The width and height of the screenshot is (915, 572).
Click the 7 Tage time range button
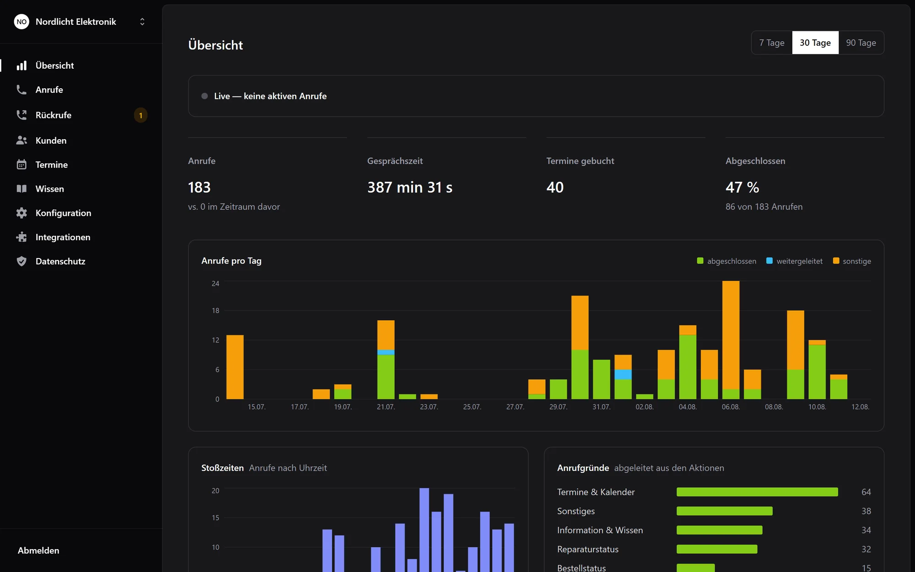(x=772, y=43)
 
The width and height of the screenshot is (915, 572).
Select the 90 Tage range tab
(x=861, y=43)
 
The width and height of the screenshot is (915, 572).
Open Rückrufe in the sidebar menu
(x=54, y=115)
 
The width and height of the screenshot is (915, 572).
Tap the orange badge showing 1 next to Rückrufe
(x=140, y=115)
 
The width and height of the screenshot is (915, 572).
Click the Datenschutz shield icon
(x=22, y=261)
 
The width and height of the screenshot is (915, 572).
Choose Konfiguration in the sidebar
(x=64, y=213)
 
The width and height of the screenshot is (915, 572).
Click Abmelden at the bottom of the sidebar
(x=38, y=550)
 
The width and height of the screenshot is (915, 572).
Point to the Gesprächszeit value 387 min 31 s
(x=410, y=187)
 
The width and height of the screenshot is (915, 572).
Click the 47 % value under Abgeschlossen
(x=742, y=187)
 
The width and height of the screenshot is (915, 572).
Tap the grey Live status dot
(x=205, y=96)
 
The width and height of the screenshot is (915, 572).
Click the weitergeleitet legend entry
(x=794, y=261)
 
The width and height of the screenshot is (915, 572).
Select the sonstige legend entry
(x=852, y=261)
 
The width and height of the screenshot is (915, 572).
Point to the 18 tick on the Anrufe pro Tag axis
(x=215, y=311)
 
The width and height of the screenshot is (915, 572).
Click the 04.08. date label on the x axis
(x=688, y=407)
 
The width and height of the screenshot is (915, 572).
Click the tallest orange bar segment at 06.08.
(x=731, y=335)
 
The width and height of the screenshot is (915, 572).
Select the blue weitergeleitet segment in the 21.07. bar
(x=386, y=352)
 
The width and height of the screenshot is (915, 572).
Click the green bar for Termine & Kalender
(x=757, y=492)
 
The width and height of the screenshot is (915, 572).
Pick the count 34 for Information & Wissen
(x=866, y=530)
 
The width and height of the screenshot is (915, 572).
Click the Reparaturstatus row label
(x=588, y=549)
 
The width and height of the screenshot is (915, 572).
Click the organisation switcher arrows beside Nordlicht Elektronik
(x=142, y=22)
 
